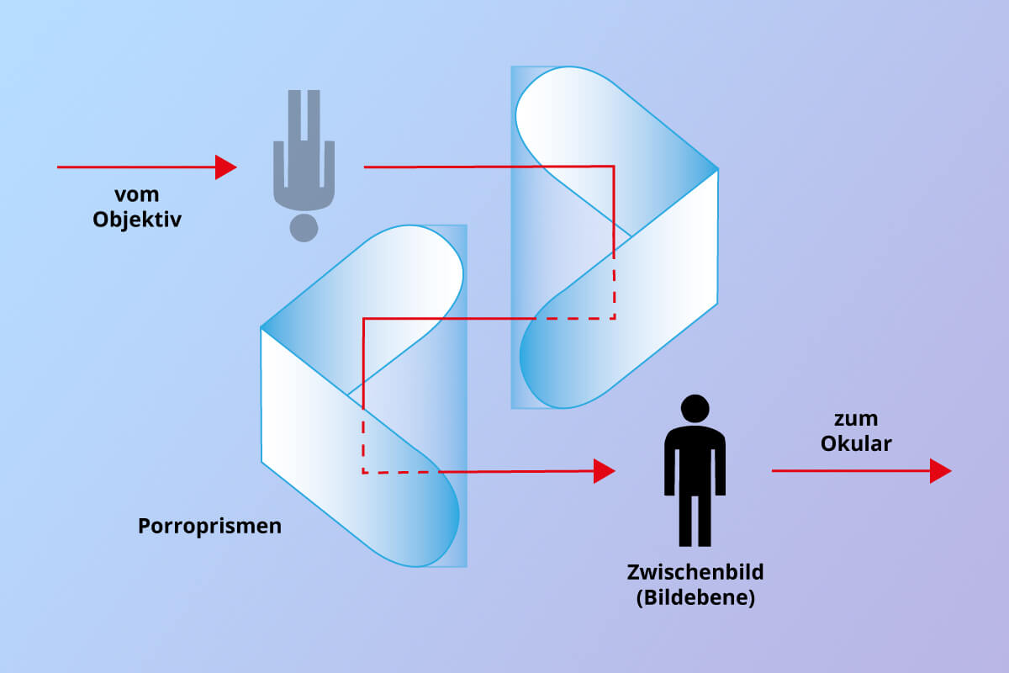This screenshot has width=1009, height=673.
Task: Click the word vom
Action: tap(136, 194)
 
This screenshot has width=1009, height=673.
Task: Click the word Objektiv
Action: tap(137, 220)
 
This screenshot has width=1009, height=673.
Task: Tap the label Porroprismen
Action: tap(209, 526)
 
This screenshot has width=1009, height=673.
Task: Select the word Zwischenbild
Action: tap(695, 572)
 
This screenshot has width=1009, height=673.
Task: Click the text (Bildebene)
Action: tap(695, 598)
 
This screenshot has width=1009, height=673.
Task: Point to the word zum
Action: tap(856, 419)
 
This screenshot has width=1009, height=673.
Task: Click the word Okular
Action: tap(856, 444)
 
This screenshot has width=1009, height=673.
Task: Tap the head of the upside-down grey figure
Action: tap(304, 228)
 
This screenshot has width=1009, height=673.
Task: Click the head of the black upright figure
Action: tap(695, 408)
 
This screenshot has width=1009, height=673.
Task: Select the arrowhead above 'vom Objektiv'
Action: tap(225, 167)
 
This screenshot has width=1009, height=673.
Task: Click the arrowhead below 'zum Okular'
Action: tap(941, 471)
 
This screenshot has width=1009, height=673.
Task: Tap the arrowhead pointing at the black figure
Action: tap(604, 471)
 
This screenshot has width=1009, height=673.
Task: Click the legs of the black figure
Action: tap(695, 521)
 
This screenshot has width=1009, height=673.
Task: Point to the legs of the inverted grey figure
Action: tap(304, 115)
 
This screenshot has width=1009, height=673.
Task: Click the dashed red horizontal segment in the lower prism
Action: tap(401, 473)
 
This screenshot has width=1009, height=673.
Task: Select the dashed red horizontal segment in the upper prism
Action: tap(576, 319)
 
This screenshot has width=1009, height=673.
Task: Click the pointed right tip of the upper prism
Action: tap(717, 169)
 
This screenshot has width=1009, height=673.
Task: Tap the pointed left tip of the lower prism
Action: tap(261, 328)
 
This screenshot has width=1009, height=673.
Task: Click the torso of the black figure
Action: tap(695, 460)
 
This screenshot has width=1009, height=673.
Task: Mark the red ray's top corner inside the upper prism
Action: tap(614, 167)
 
